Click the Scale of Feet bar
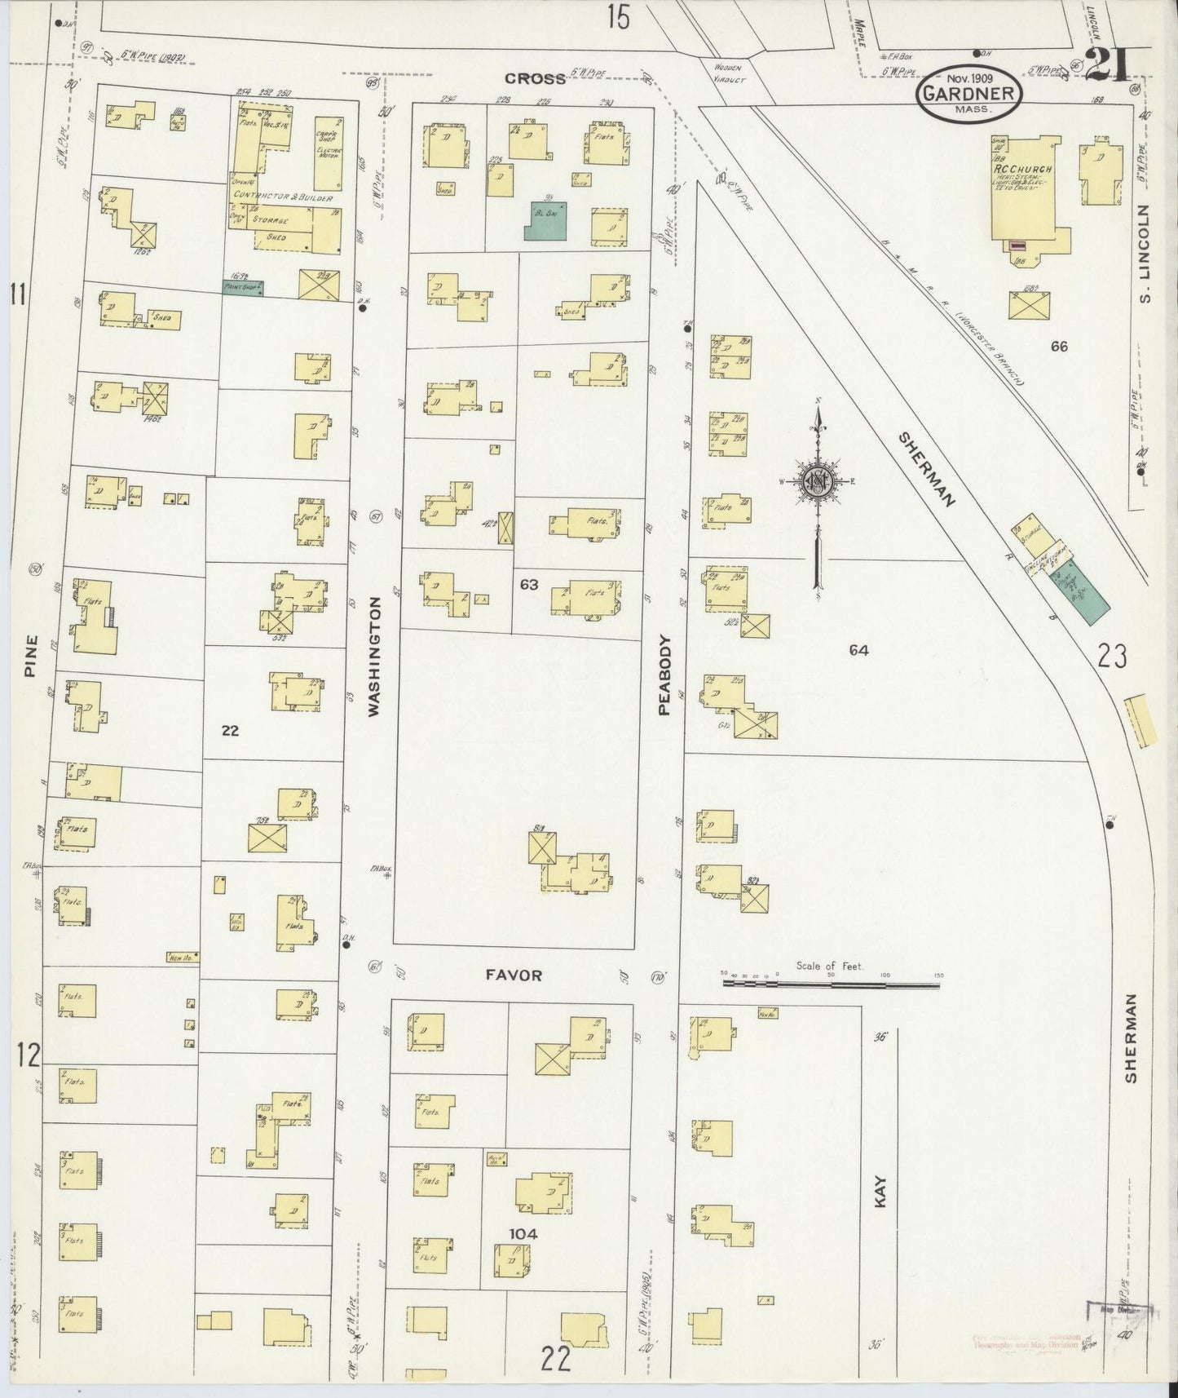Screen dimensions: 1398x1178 coord(831,984)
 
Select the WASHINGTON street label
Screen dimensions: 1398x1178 coord(374,657)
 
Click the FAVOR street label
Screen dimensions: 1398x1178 coord(513,975)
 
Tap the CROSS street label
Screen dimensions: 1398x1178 coord(535,78)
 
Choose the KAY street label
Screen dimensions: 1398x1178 coord(880,1192)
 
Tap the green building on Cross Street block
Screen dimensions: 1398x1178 coord(545,220)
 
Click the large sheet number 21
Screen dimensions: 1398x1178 coord(1105,64)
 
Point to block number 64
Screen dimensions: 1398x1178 coord(858,650)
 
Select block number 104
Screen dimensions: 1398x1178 coord(523,1233)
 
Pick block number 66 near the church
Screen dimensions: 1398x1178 coord(1058,346)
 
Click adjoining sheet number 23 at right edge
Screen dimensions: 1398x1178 coord(1112,656)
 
